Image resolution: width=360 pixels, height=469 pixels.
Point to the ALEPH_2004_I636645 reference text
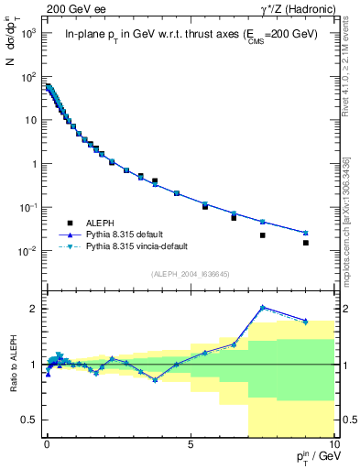[190, 274]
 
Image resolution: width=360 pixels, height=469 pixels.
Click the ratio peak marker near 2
[263, 308]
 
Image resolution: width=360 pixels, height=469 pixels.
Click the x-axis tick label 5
[191, 443]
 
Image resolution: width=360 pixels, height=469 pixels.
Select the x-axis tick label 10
[333, 443]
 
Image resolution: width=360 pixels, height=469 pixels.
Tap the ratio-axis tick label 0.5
[29, 420]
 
